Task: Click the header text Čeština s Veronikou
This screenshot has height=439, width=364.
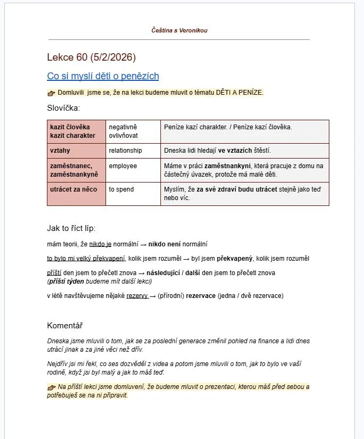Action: (179, 30)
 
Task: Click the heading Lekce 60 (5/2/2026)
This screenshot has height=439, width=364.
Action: (91, 57)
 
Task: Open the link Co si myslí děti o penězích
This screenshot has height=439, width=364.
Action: (103, 76)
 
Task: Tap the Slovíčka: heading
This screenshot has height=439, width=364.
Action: (63, 108)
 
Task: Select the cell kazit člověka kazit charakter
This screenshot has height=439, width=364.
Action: (76, 131)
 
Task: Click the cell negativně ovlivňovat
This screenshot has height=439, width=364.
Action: (133, 131)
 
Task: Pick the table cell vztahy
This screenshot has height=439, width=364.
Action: (76, 151)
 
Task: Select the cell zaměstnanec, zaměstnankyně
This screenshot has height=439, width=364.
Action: (76, 170)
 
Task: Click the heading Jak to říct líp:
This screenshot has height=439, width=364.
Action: (71, 228)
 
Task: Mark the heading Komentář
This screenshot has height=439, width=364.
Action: (64, 326)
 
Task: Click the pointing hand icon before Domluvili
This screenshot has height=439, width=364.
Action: (51, 93)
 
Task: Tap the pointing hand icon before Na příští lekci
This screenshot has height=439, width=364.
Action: (51, 387)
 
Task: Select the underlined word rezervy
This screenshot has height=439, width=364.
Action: (137, 296)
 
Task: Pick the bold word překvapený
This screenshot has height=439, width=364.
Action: (235, 259)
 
